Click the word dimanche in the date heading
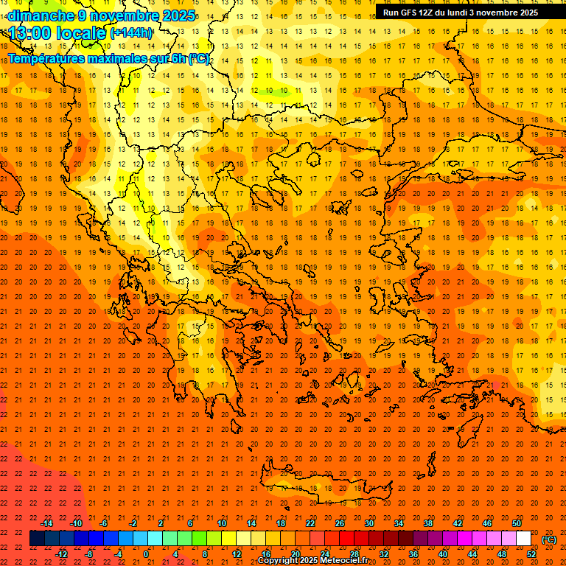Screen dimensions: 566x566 pyautogui.click(x=41, y=15)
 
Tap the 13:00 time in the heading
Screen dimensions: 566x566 pyautogui.click(x=29, y=33)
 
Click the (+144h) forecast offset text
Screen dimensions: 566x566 pyautogui.click(x=132, y=33)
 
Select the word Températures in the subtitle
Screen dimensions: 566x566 pyautogui.click(x=46, y=58)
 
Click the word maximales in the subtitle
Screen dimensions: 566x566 pyautogui.click(x=118, y=58)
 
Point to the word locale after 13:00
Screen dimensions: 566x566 pyautogui.click(x=80, y=33)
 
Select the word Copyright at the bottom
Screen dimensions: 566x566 pyautogui.click(x=279, y=561)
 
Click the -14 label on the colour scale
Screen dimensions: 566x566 pyautogui.click(x=46, y=523)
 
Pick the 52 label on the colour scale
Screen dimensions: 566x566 pyautogui.click(x=531, y=554)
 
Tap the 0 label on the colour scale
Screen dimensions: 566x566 pyautogui.click(x=145, y=554)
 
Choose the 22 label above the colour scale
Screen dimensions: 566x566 pyautogui.click(x=310, y=523)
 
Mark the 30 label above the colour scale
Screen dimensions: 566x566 pyautogui.click(x=368, y=523)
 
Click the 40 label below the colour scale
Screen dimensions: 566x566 pyautogui.click(x=442, y=554)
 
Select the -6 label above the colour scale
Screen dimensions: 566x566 pyautogui.click(x=104, y=523)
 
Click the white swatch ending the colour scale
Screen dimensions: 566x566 pyautogui.click(x=523, y=539)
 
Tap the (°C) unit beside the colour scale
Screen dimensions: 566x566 pyautogui.click(x=549, y=539)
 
